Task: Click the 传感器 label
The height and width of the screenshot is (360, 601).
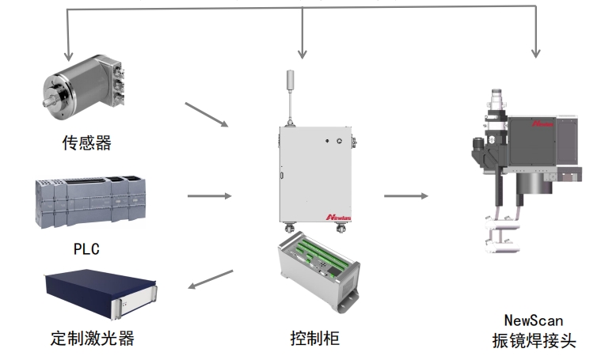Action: (86, 143)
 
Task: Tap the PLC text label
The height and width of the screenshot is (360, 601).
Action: (86, 249)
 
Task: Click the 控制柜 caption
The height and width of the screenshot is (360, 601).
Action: (314, 339)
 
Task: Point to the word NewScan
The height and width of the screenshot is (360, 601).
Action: (533, 320)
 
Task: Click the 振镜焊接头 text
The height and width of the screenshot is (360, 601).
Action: (533, 342)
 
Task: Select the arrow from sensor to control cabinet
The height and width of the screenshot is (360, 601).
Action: (206, 115)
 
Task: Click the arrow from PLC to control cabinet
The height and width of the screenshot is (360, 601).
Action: (209, 195)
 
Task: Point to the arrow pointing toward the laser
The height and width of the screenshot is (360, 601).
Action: (211, 279)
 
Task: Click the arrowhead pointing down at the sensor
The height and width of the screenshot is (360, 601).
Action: (67, 54)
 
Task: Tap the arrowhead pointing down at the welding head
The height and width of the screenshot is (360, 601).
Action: (536, 51)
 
